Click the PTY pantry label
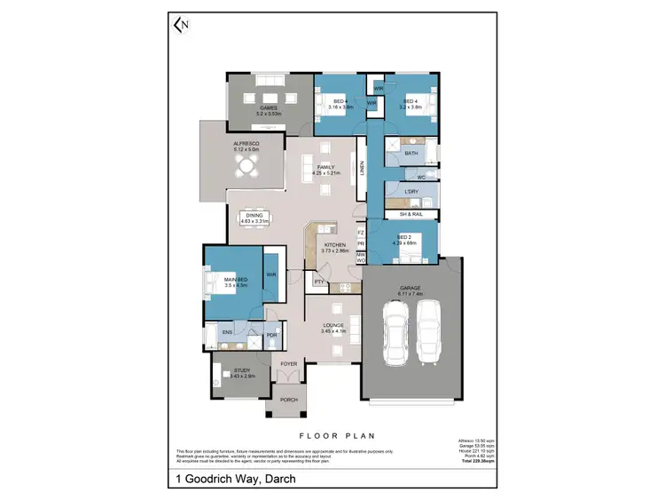(318, 282)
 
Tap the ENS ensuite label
(227, 334)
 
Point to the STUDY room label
(241, 371)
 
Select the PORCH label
(289, 400)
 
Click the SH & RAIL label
(411, 214)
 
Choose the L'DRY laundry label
(411, 192)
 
